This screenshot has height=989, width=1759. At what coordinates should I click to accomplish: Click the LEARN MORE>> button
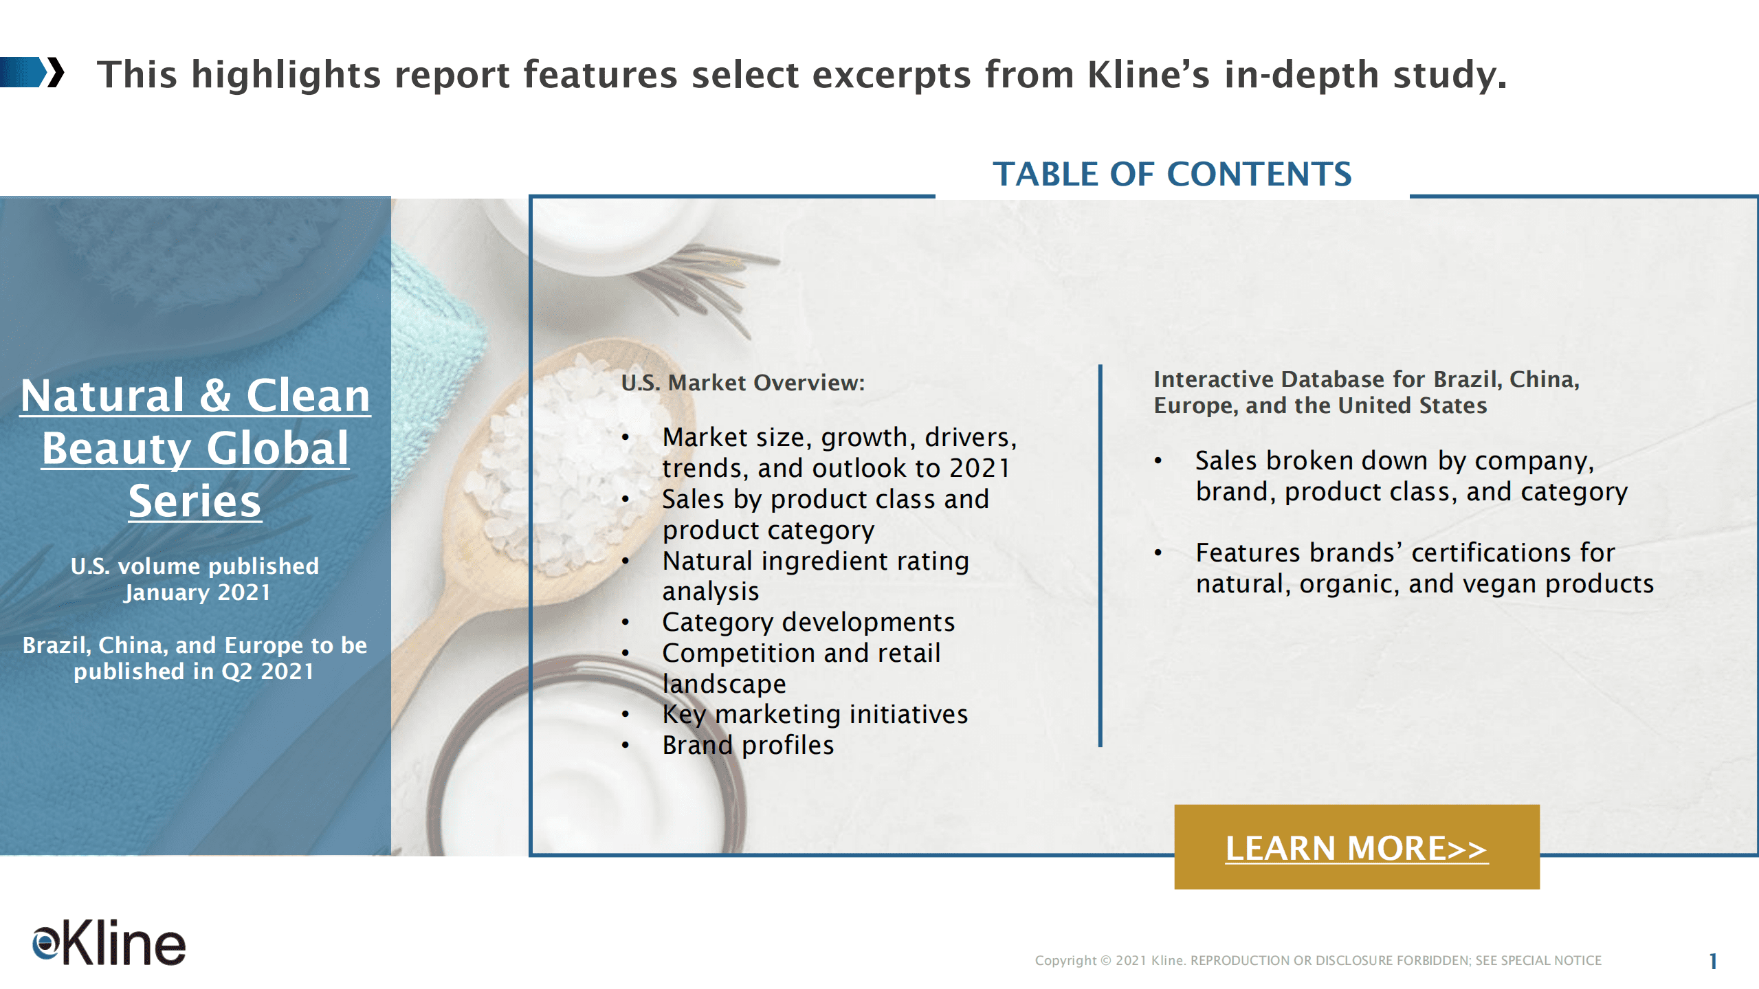click(1356, 847)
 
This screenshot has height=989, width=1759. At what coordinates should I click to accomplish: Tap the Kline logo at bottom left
click(109, 942)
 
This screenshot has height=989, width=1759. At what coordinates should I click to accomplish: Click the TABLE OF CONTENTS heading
click(1172, 174)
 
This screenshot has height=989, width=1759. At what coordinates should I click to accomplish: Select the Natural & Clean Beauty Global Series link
click(195, 447)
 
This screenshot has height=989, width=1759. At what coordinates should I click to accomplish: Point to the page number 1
click(1713, 961)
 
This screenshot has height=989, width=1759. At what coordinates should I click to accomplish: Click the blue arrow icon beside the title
click(32, 73)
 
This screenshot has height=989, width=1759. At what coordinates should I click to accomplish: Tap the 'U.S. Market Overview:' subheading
click(742, 383)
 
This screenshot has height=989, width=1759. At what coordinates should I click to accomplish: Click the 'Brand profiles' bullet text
click(748, 745)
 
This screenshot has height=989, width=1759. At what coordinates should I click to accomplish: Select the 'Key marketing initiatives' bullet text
click(815, 714)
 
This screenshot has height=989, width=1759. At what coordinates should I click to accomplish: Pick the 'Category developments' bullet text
click(808, 622)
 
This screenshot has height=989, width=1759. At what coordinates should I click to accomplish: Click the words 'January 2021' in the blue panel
click(197, 592)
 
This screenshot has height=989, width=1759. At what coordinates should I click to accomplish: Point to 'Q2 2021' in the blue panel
click(267, 671)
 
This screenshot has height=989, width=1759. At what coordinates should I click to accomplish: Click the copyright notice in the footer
click(1318, 960)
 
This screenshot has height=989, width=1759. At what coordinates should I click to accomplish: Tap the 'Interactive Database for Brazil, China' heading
click(1366, 379)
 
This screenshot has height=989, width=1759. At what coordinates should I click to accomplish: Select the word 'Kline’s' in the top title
click(1147, 74)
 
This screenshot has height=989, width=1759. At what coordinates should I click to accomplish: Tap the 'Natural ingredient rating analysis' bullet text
click(815, 576)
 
